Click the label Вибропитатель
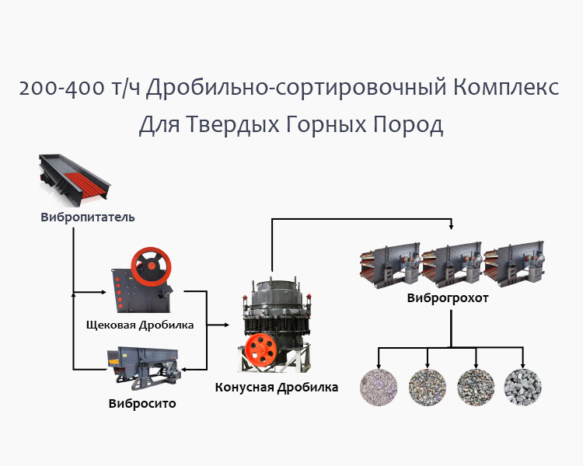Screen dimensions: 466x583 [87, 217]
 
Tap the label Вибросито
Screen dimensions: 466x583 [142, 403]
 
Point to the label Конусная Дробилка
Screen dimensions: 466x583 [277, 387]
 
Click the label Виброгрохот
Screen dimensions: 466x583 [448, 298]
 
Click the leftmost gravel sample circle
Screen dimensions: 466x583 [379, 386]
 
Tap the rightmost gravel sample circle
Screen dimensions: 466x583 [522, 386]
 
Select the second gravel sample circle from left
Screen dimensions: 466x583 [427, 386]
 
